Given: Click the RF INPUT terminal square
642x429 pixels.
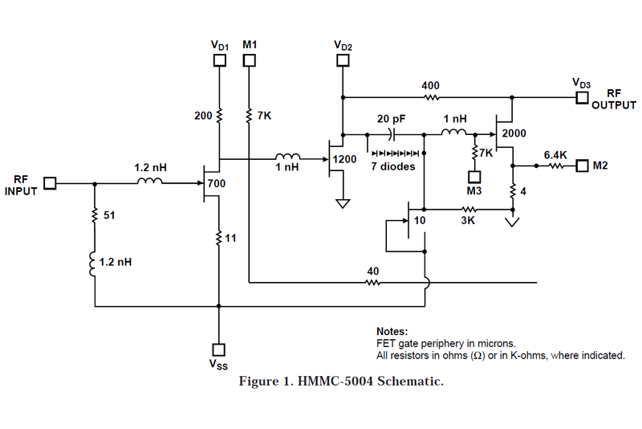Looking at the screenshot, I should click(x=50, y=183).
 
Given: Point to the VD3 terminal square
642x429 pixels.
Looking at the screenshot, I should click(x=582, y=98).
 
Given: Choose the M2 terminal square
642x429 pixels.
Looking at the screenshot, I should click(x=582, y=166).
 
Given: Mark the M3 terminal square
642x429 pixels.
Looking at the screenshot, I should click(x=474, y=176).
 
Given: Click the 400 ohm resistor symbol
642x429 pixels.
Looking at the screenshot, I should click(x=430, y=98).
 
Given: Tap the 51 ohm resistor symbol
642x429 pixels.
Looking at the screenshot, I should click(x=95, y=216).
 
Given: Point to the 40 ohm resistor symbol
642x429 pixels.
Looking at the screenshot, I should click(x=372, y=283).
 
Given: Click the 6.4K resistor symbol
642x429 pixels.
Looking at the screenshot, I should click(x=556, y=166).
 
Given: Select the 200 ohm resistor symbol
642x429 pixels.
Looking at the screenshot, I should click(x=219, y=116).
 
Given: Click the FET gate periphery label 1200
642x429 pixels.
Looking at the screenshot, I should click(x=344, y=159).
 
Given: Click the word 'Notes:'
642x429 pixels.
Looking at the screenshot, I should click(x=392, y=331).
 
